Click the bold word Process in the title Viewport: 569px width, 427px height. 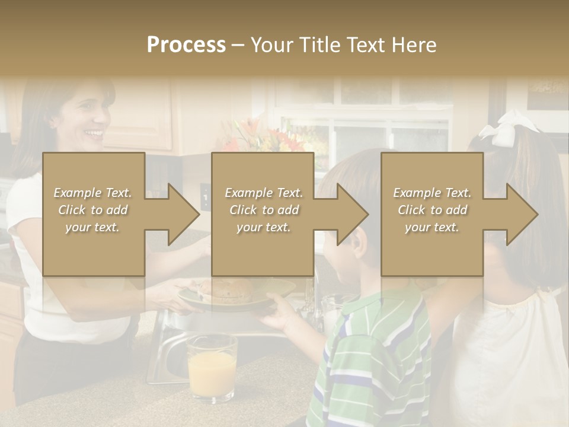click(x=186, y=45)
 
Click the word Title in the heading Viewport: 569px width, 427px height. click(x=320, y=45)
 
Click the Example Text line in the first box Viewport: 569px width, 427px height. click(x=92, y=193)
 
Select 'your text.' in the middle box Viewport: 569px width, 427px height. click(x=263, y=227)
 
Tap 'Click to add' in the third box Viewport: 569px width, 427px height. click(x=432, y=210)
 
